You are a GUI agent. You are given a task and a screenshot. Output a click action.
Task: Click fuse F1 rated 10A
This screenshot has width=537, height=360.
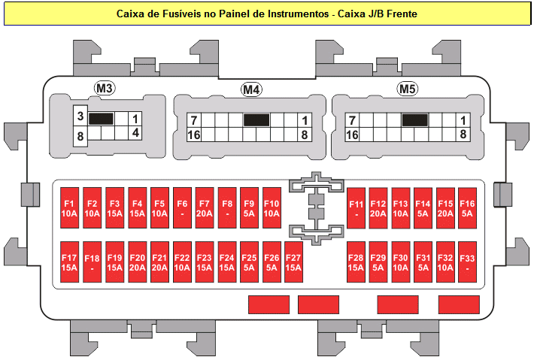tap(70, 208)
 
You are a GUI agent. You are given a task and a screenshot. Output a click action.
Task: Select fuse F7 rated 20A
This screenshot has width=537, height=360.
tap(205, 208)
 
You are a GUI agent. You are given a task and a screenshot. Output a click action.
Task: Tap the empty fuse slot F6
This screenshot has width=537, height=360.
tap(182, 208)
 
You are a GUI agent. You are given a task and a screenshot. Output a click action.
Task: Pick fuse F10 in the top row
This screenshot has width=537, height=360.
tap(272, 208)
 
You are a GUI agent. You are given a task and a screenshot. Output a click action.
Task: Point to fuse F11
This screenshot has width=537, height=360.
tap(356, 208)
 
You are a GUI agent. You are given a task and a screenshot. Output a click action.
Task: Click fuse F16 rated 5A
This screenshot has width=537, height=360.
tap(467, 208)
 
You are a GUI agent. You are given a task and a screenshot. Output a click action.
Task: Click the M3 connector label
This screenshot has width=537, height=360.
tap(104, 89)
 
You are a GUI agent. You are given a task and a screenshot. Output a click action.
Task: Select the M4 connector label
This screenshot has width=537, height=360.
tap(251, 90)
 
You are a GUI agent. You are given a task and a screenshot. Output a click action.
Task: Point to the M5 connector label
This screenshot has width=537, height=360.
tap(408, 89)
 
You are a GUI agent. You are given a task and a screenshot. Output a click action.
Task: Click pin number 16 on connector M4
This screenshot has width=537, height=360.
tap(194, 135)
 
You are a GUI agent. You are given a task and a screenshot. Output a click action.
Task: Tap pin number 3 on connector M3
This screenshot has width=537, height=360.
tap(80, 116)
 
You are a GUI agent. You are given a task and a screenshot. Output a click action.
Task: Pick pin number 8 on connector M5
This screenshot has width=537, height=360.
tap(463, 135)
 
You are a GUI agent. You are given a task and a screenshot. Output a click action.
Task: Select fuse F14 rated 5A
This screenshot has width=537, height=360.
tap(423, 208)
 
